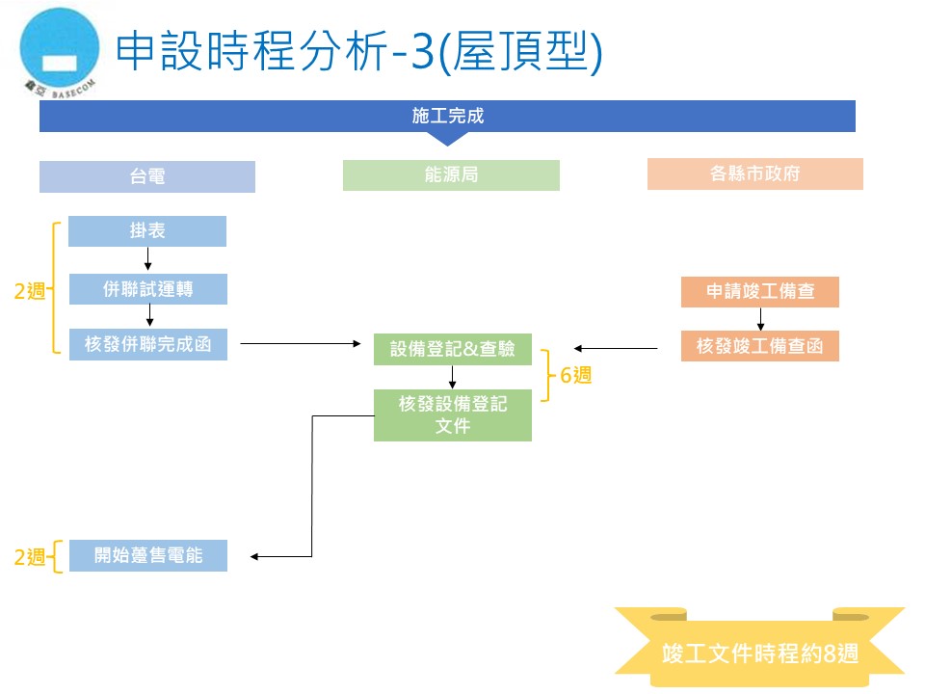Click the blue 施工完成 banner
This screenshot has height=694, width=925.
[x=447, y=117]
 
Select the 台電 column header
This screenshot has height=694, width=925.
[x=147, y=176]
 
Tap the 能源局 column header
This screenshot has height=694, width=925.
[x=451, y=174]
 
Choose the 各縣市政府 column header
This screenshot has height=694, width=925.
[x=755, y=174]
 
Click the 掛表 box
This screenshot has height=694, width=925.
[x=147, y=231]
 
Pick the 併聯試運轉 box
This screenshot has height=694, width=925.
[x=148, y=288]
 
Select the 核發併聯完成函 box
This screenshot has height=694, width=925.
[x=148, y=344]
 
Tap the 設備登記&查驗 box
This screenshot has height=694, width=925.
[x=452, y=349]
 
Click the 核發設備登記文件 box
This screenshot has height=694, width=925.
[x=452, y=414]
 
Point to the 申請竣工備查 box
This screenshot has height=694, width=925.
[x=759, y=292]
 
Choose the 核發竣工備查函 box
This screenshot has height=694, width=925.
[x=759, y=346]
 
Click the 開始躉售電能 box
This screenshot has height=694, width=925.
[x=148, y=555]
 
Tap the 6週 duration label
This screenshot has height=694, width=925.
[x=575, y=376]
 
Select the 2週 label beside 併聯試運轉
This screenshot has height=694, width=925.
[x=30, y=291]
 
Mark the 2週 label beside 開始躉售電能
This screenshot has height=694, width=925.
[x=30, y=557]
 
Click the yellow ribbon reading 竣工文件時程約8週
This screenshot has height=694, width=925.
[x=760, y=652]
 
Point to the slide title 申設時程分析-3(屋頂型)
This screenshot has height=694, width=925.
[x=358, y=52]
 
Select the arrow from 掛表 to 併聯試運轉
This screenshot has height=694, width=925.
[x=148, y=259]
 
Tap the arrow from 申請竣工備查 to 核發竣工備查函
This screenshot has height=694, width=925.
[x=760, y=319]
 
